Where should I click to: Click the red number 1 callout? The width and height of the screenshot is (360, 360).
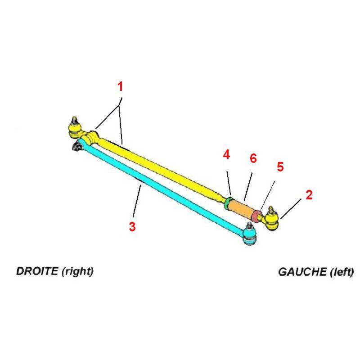pyautogui.click(x=120, y=87)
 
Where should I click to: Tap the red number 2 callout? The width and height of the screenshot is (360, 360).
pyautogui.click(x=309, y=195)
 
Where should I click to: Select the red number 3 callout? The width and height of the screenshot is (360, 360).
pyautogui.click(x=132, y=226)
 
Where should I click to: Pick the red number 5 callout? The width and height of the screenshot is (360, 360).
pyautogui.click(x=280, y=166)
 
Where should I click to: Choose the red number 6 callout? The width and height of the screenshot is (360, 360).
pyautogui.click(x=253, y=158)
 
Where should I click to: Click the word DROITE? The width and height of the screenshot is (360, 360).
pyautogui.click(x=37, y=271)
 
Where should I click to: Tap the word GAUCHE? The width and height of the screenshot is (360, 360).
pyautogui.click(x=302, y=272)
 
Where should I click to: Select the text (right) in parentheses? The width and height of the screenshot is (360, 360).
pyautogui.click(x=78, y=272)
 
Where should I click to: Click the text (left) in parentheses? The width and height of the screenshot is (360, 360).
pyautogui.click(x=342, y=272)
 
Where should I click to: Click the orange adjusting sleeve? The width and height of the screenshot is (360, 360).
pyautogui.click(x=240, y=207)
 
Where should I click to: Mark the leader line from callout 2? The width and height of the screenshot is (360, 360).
pyautogui.click(x=291, y=209)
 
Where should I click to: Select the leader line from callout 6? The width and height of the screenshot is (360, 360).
pyautogui.click(x=248, y=186)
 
